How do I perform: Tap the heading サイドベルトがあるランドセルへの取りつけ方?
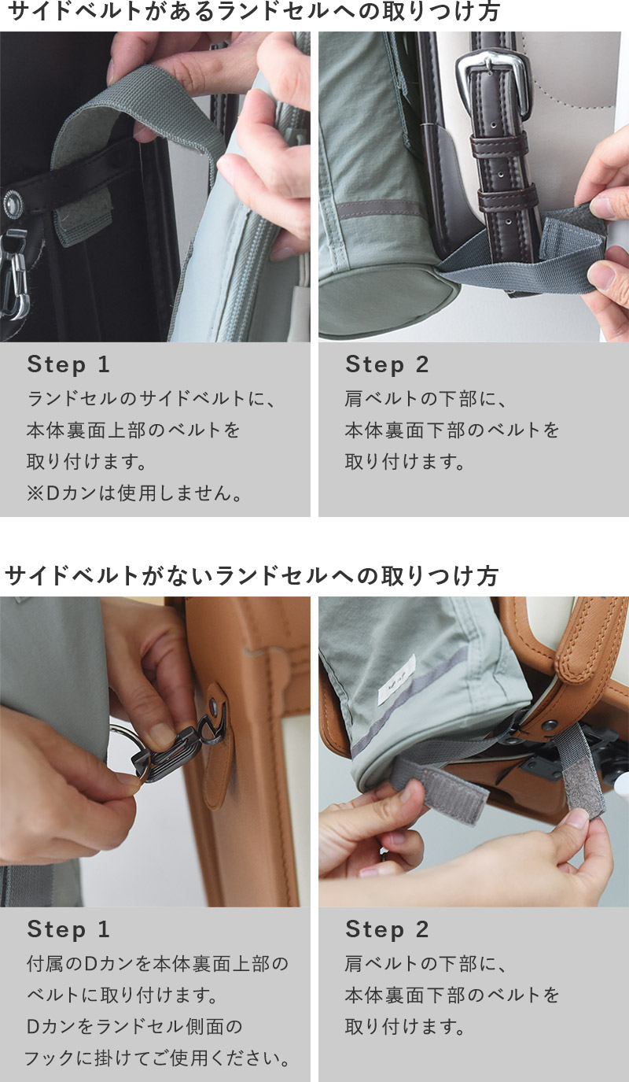tap(254, 11)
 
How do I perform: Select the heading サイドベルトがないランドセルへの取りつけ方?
tap(252, 576)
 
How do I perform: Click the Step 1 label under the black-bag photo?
tap(68, 364)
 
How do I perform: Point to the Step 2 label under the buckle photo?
tap(387, 364)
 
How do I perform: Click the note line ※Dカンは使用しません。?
tap(134, 493)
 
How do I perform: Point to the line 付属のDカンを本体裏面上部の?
tap(157, 964)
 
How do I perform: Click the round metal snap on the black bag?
tap(13, 203)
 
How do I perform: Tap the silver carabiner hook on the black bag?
tap(13, 275)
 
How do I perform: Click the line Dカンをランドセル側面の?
tap(134, 1026)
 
